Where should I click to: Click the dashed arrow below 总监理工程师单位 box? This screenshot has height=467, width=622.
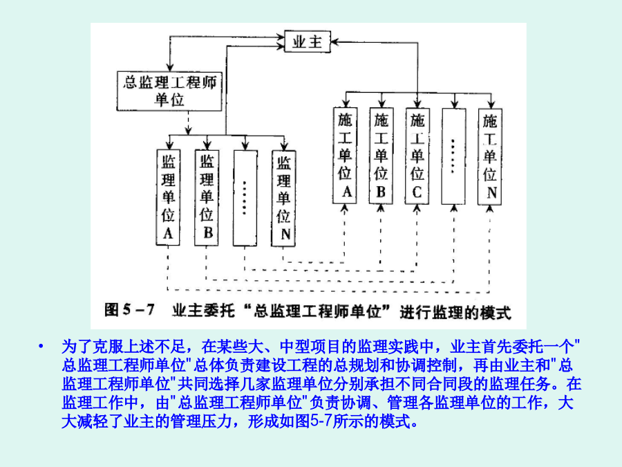coord(189,122)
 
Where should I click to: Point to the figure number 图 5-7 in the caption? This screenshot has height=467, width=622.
coord(129,309)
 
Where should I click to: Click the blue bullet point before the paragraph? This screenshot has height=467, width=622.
coord(41,347)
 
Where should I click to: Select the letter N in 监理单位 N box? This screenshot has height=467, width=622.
coord(285,235)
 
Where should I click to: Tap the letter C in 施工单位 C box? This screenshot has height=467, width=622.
coord(417,192)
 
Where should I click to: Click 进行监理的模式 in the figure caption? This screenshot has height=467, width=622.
coord(455,312)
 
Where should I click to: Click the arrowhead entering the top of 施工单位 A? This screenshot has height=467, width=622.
coord(345,104)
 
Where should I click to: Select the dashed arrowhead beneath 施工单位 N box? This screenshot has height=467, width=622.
coord(490,208)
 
